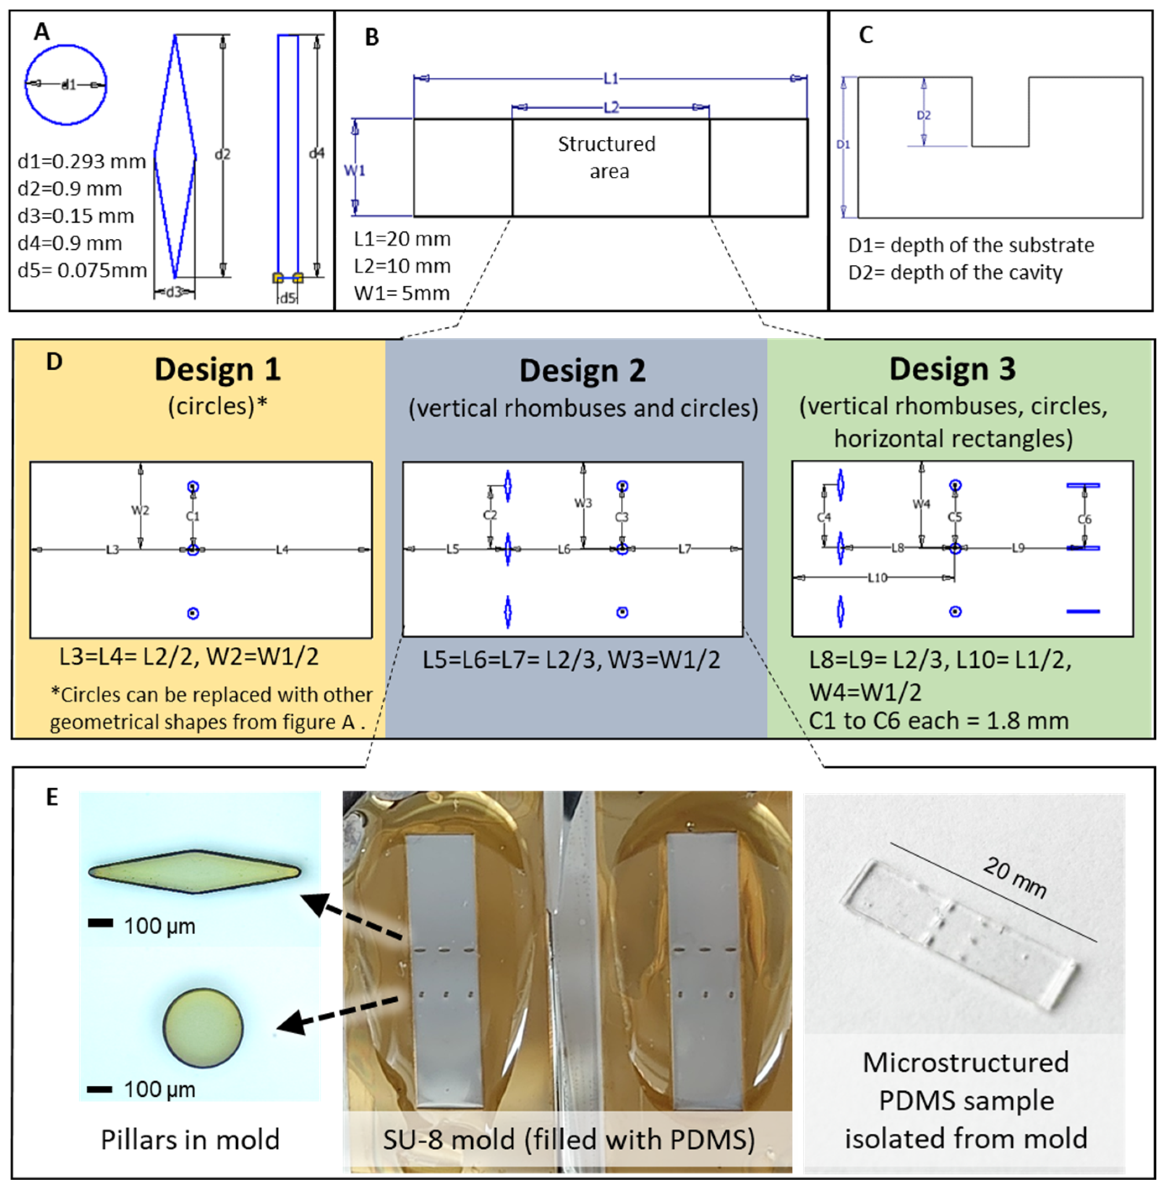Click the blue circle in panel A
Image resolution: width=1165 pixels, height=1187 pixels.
[x=65, y=84]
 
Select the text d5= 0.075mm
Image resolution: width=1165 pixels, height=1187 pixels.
[x=82, y=270]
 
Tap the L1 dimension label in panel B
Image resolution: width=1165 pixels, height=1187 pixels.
[x=611, y=78]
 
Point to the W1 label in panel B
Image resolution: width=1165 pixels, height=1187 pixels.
[x=354, y=170]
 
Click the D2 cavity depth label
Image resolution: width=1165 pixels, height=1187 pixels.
[x=923, y=115]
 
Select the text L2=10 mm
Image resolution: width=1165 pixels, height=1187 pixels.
[x=402, y=266]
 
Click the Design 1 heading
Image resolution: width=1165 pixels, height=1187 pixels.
[x=217, y=369]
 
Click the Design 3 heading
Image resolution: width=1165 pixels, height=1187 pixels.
[x=952, y=369]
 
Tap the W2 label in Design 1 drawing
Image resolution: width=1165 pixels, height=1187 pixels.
[x=140, y=510]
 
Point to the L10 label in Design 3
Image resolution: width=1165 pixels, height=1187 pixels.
[x=878, y=578]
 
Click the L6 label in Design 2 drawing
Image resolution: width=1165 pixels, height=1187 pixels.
[x=564, y=549]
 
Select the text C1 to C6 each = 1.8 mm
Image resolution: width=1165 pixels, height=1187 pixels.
[x=939, y=721]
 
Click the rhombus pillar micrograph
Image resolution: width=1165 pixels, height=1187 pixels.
[x=195, y=872]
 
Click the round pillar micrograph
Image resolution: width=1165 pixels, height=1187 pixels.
[x=203, y=1028]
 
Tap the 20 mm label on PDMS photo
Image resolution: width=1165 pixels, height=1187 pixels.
[x=1014, y=877]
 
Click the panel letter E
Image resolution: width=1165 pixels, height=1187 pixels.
[x=52, y=797]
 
